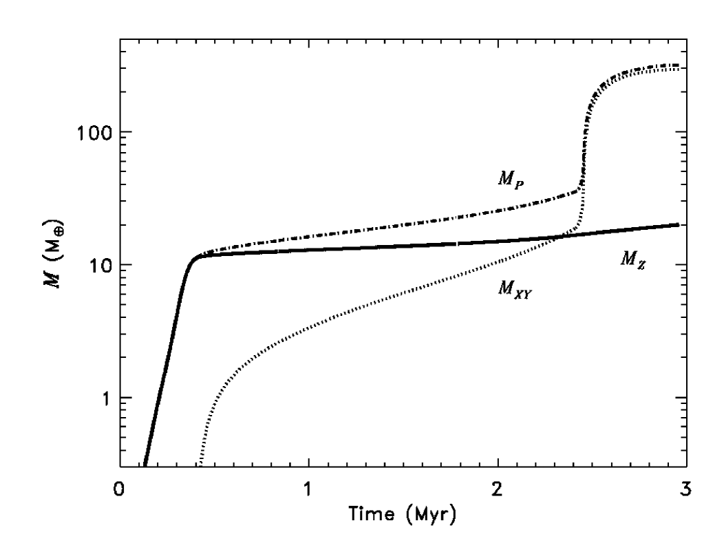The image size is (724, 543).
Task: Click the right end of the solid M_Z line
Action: (679, 224)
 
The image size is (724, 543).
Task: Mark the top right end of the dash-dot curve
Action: (679, 65)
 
